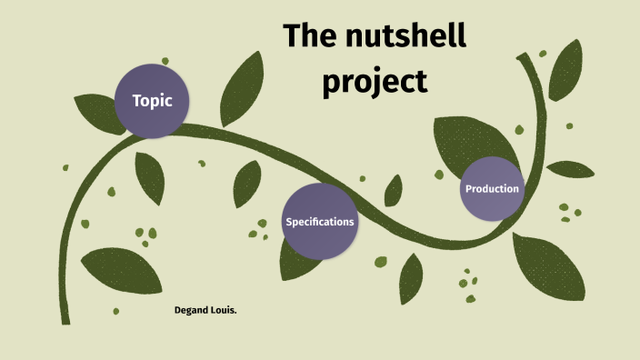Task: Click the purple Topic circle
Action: (x=152, y=101)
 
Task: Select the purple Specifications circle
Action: (x=319, y=222)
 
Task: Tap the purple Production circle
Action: (x=492, y=189)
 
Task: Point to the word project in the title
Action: (x=375, y=81)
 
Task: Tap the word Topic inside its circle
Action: (x=152, y=101)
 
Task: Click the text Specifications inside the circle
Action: (x=319, y=222)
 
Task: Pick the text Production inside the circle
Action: (x=492, y=189)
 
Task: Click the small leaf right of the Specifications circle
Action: (x=394, y=192)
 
